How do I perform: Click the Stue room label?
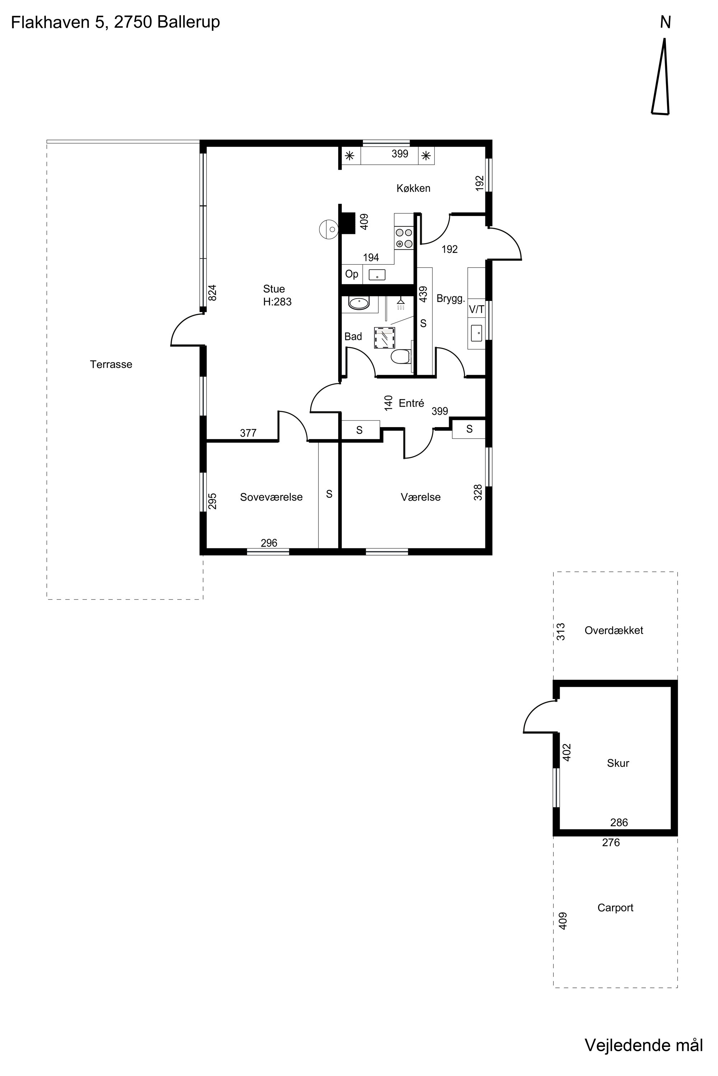[x=274, y=289]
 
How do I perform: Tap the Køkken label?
[x=414, y=188]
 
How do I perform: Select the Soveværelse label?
[x=271, y=497]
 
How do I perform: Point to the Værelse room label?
[x=420, y=497]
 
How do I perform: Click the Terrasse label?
[x=111, y=364]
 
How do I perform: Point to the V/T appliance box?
[x=476, y=309]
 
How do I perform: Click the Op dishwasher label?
[x=352, y=274]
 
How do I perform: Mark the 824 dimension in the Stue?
[x=212, y=293]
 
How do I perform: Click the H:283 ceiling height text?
[x=277, y=302]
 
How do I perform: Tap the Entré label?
[x=411, y=403]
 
